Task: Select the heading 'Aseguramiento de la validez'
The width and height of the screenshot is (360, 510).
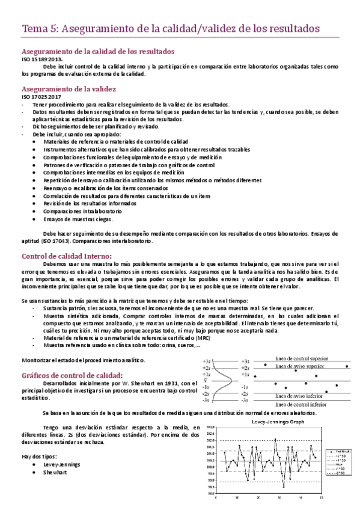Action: pyautogui.click(x=69, y=88)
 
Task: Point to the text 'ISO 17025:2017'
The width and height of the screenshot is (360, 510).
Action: pyautogui.click(x=42, y=96)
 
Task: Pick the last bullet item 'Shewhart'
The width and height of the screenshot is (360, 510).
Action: pyautogui.click(x=56, y=455)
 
